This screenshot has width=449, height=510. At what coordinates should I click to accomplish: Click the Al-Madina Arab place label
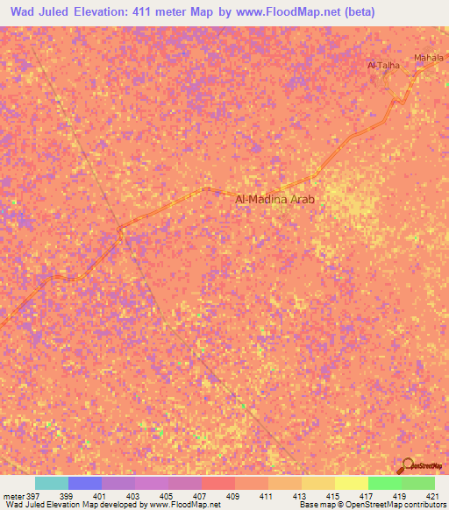[x=274, y=199]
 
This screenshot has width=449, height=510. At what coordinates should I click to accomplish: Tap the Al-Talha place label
[x=383, y=65]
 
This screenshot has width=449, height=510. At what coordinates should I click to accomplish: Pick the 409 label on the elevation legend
[x=234, y=495]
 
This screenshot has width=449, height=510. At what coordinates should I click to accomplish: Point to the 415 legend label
[x=332, y=495]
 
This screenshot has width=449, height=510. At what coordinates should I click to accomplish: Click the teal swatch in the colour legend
[x=51, y=483]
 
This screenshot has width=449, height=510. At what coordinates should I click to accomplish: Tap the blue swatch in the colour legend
[x=84, y=483]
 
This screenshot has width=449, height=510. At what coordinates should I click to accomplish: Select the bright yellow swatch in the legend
[x=351, y=483]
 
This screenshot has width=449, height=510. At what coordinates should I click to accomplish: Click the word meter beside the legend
[x=14, y=495]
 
